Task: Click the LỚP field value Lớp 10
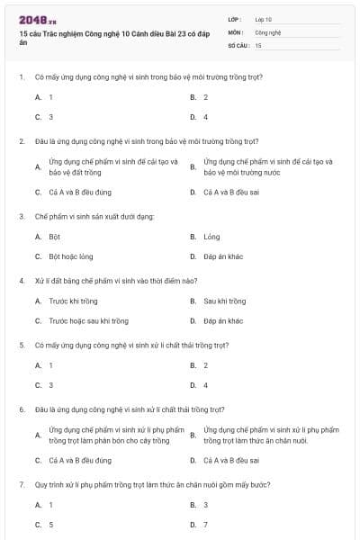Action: [264, 19]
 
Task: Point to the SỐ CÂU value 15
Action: [258, 44]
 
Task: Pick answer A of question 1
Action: [51, 96]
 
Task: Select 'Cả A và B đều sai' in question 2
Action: [231, 192]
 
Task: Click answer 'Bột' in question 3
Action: [55, 237]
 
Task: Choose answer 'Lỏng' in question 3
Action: [211, 237]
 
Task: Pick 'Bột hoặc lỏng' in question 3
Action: [71, 256]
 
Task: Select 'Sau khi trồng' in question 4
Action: [224, 301]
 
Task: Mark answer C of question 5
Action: [51, 385]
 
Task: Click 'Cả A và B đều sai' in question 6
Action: [231, 460]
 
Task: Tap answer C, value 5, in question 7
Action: [51, 524]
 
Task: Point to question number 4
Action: [21, 280]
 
